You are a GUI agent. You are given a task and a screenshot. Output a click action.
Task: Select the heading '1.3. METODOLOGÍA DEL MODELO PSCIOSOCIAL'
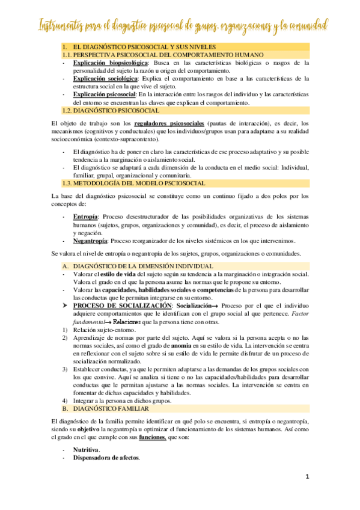pyautogui.click(x=124, y=182)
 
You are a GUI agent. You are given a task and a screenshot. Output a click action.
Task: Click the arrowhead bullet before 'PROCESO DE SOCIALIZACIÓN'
pyautogui.click(x=66, y=306)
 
